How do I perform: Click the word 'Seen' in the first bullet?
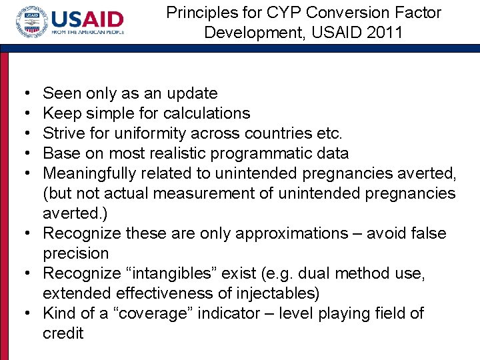(60, 93)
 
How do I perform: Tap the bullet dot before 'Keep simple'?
(25, 113)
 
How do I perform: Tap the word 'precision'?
(75, 253)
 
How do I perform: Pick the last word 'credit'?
(63, 333)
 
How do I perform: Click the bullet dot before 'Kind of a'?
(25, 313)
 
